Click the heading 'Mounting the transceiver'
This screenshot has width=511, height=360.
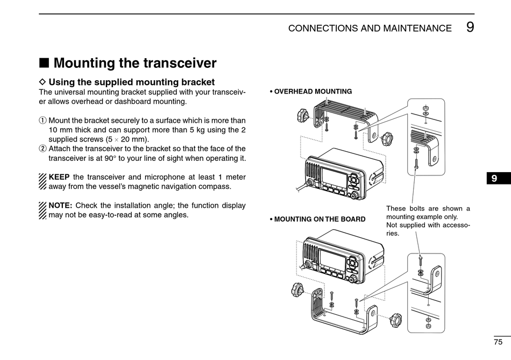coord(135,63)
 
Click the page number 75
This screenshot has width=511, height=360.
coord(498,342)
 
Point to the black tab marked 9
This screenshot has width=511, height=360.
coord(494,178)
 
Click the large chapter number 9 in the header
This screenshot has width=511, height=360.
coord(470,27)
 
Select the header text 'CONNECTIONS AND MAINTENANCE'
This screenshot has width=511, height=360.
coord(370,29)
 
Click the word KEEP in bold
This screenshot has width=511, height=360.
coord(59,177)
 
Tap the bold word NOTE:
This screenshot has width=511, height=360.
coord(60,205)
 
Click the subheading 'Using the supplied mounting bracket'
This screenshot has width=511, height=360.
coord(132,82)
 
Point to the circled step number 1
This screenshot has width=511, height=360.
coord(43,121)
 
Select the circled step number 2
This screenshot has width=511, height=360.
coord(43,149)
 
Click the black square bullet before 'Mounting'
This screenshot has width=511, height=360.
coord(44,63)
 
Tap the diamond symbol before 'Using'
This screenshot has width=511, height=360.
coord(43,82)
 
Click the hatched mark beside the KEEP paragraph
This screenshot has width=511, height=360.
coord(43,181)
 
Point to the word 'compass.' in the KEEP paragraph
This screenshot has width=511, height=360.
coord(215,186)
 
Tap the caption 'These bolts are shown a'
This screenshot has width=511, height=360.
coord(428,208)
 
